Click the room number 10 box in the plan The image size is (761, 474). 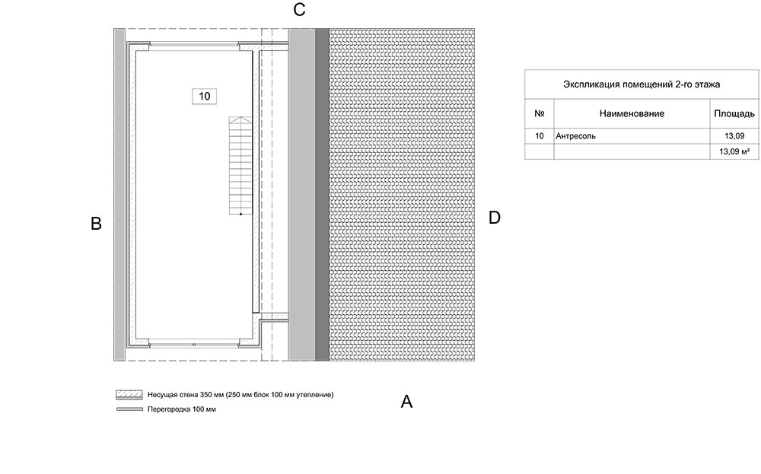coord(204,96)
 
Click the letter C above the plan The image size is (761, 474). coord(299,10)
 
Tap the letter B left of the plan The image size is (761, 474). coord(96,224)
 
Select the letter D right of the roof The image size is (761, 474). coord(495,218)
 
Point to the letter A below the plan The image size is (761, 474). coord(406,402)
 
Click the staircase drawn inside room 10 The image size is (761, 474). coord(239,167)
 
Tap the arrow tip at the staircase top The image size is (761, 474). coord(239,119)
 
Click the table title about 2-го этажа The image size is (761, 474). coord(641,84)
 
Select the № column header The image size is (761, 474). coord(540,113)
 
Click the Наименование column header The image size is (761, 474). coord(632,113)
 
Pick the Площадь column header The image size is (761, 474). coord(734,113)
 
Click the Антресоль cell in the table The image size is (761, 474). coord(576,136)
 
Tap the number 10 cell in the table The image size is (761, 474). coord(540,136)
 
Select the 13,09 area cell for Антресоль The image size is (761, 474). coord(734,136)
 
